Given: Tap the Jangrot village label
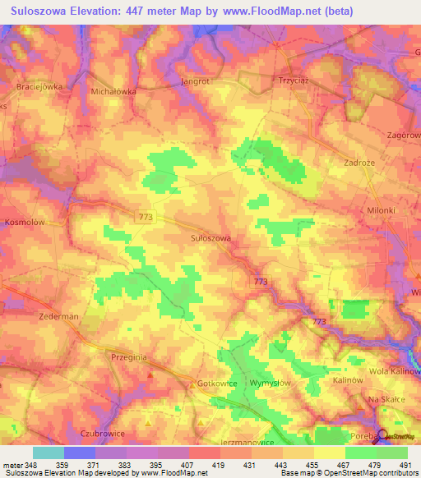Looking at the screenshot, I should [x=196, y=82].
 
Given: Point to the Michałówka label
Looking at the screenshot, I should [x=113, y=92].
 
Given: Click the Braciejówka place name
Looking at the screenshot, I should [x=39, y=85].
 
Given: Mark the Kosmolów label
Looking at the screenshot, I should [x=23, y=223].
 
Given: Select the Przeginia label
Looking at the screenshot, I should [x=127, y=358].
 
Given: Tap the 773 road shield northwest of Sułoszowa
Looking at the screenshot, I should [x=146, y=216].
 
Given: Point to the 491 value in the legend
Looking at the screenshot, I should [x=405, y=465].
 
